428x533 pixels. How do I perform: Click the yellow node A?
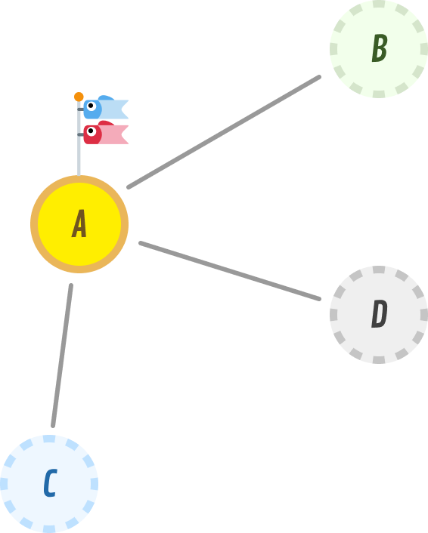79,224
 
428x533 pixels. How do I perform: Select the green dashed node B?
379,49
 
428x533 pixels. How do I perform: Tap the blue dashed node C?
49,484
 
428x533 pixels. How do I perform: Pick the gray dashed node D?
379,315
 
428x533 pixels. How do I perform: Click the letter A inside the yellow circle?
79,223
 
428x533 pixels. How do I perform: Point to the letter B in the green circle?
380,48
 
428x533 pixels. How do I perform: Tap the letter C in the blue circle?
50,483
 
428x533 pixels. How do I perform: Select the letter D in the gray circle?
379,314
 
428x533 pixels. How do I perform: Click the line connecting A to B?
224,132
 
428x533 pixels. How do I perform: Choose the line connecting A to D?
230,271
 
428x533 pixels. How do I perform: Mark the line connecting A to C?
62,356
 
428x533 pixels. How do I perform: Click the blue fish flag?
106,107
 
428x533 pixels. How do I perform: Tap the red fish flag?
106,133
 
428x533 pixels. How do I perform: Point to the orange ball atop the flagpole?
79,97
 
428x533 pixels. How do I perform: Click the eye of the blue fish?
91,106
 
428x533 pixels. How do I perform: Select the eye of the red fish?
91,131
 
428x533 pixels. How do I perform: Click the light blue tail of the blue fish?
114,109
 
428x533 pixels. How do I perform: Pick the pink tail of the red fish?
114,134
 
